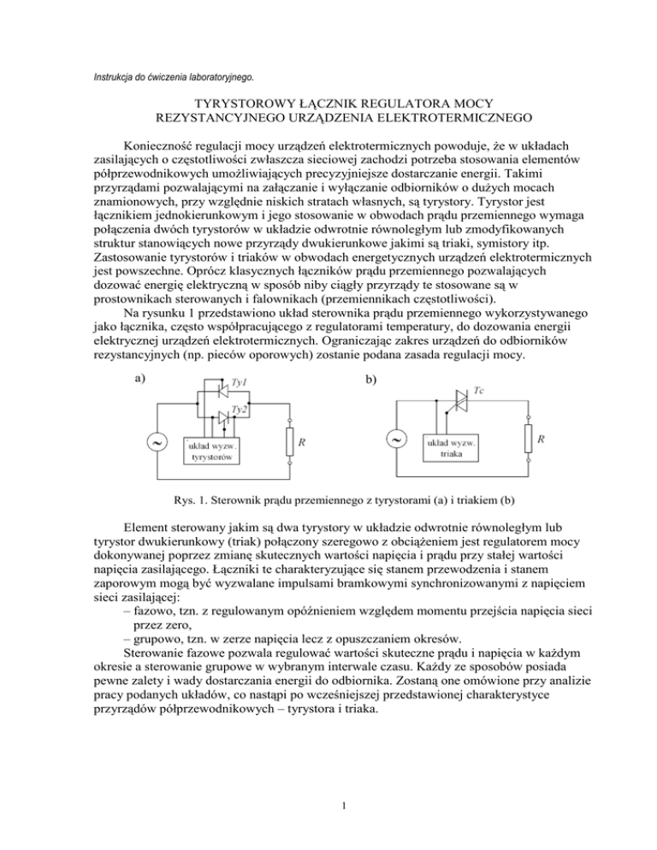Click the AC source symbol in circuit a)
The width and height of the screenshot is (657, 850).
(x=157, y=443)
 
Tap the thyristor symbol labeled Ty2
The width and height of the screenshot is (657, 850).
(x=220, y=417)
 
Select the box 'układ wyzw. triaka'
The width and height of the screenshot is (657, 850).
(x=452, y=448)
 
